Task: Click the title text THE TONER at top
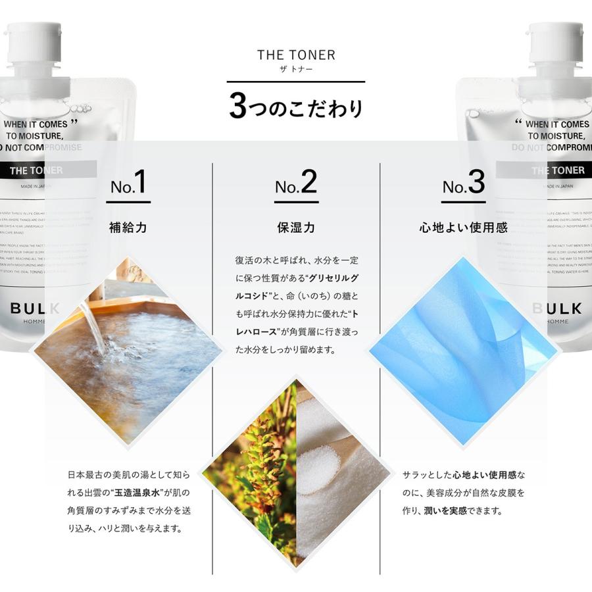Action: click(x=296, y=55)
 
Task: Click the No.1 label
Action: click(x=128, y=184)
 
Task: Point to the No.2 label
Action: click(x=296, y=184)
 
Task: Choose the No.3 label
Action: click(x=463, y=184)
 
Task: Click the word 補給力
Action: click(x=128, y=228)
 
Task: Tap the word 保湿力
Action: click(x=296, y=228)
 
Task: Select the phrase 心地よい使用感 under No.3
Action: click(x=463, y=228)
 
